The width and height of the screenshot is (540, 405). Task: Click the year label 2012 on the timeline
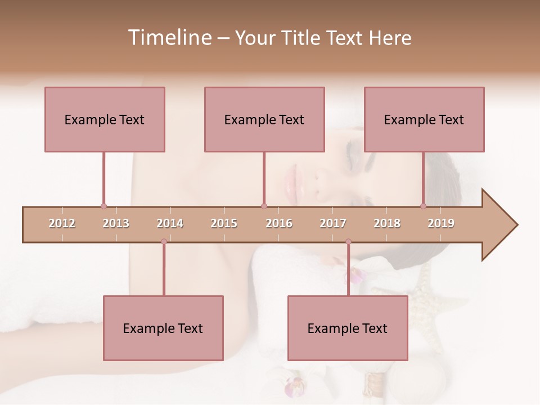62,223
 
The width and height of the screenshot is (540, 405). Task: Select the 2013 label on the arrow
116,223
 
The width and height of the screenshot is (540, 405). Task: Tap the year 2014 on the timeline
170,223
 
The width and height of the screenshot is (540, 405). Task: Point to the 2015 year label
224,223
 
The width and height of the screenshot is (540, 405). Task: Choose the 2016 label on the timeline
279,223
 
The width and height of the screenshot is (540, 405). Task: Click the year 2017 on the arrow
333,223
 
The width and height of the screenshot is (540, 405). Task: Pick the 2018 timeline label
387,223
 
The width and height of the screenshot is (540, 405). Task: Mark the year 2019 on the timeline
441,223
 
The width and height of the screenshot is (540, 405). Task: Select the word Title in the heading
301,38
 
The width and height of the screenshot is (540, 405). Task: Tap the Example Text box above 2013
105,119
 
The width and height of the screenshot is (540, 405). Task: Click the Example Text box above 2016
264,119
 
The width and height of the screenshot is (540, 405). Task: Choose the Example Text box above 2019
424,119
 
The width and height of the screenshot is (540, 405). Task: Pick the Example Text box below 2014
163,328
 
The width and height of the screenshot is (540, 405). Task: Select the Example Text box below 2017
348,328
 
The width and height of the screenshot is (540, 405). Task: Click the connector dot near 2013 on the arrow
103,206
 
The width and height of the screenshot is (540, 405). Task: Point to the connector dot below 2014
164,242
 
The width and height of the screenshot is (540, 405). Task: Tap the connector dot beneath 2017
348,242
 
